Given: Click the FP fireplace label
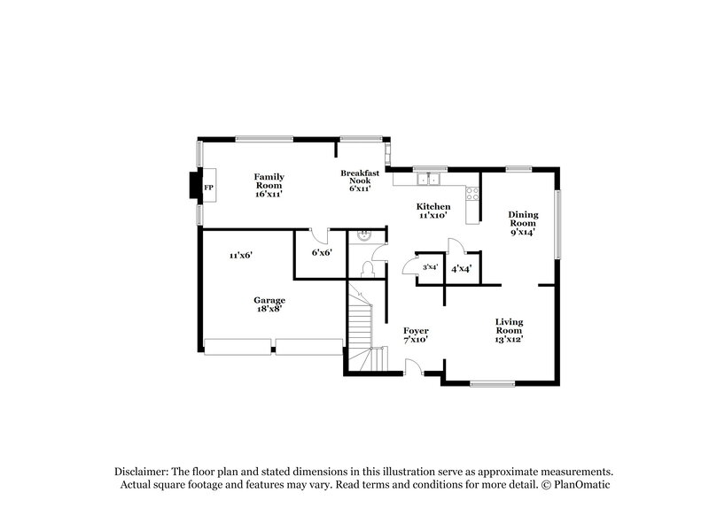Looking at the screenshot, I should [x=209, y=188].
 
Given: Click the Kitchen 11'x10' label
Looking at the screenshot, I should [x=433, y=211].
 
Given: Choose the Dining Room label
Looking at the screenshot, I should [x=522, y=223].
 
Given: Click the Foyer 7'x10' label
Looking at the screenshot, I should [x=416, y=334].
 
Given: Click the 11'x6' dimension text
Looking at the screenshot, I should [x=241, y=255].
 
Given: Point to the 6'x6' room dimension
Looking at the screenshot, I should [x=323, y=252].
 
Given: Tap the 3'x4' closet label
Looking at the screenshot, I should [x=431, y=267].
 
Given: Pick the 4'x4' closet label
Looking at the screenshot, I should [x=461, y=267].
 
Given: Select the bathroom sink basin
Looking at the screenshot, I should [x=363, y=236].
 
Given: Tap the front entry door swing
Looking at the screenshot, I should [x=413, y=366].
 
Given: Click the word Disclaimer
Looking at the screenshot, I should [x=141, y=473].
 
